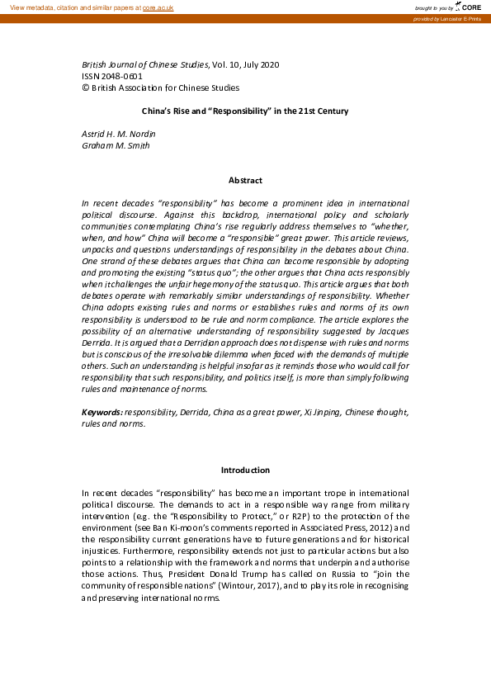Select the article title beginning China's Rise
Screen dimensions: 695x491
point(245,111)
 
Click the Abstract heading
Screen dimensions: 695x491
point(245,180)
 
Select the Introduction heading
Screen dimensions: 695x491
point(245,470)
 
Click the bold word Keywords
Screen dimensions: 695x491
point(102,411)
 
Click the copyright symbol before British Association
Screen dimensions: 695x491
point(85,87)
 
